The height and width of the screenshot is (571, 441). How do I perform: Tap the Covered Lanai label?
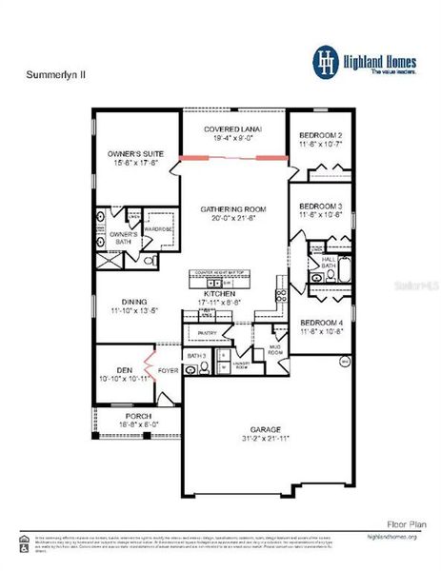233,129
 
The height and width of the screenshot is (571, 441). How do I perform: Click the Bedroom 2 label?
321,134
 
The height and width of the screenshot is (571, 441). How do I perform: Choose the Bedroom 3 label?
321,207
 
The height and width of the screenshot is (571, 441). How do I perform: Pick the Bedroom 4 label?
321,321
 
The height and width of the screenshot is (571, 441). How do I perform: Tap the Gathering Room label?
232,209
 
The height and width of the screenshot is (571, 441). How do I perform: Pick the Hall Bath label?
329,261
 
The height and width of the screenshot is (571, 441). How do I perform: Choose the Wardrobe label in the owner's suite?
159,228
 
